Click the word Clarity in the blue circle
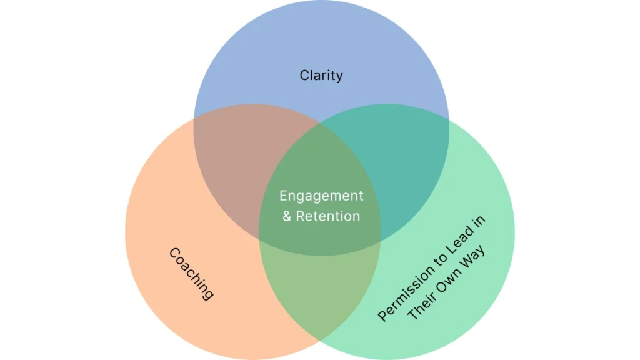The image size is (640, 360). [x=321, y=76]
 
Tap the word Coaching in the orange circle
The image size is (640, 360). [x=191, y=274]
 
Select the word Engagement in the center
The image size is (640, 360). [x=321, y=196]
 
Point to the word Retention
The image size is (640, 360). [x=327, y=216]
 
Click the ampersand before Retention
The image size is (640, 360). [x=287, y=216]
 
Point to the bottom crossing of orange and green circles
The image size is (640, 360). [x=321, y=341]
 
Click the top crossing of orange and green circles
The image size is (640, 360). [x=321, y=122]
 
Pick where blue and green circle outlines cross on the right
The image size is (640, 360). [x=449, y=118]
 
